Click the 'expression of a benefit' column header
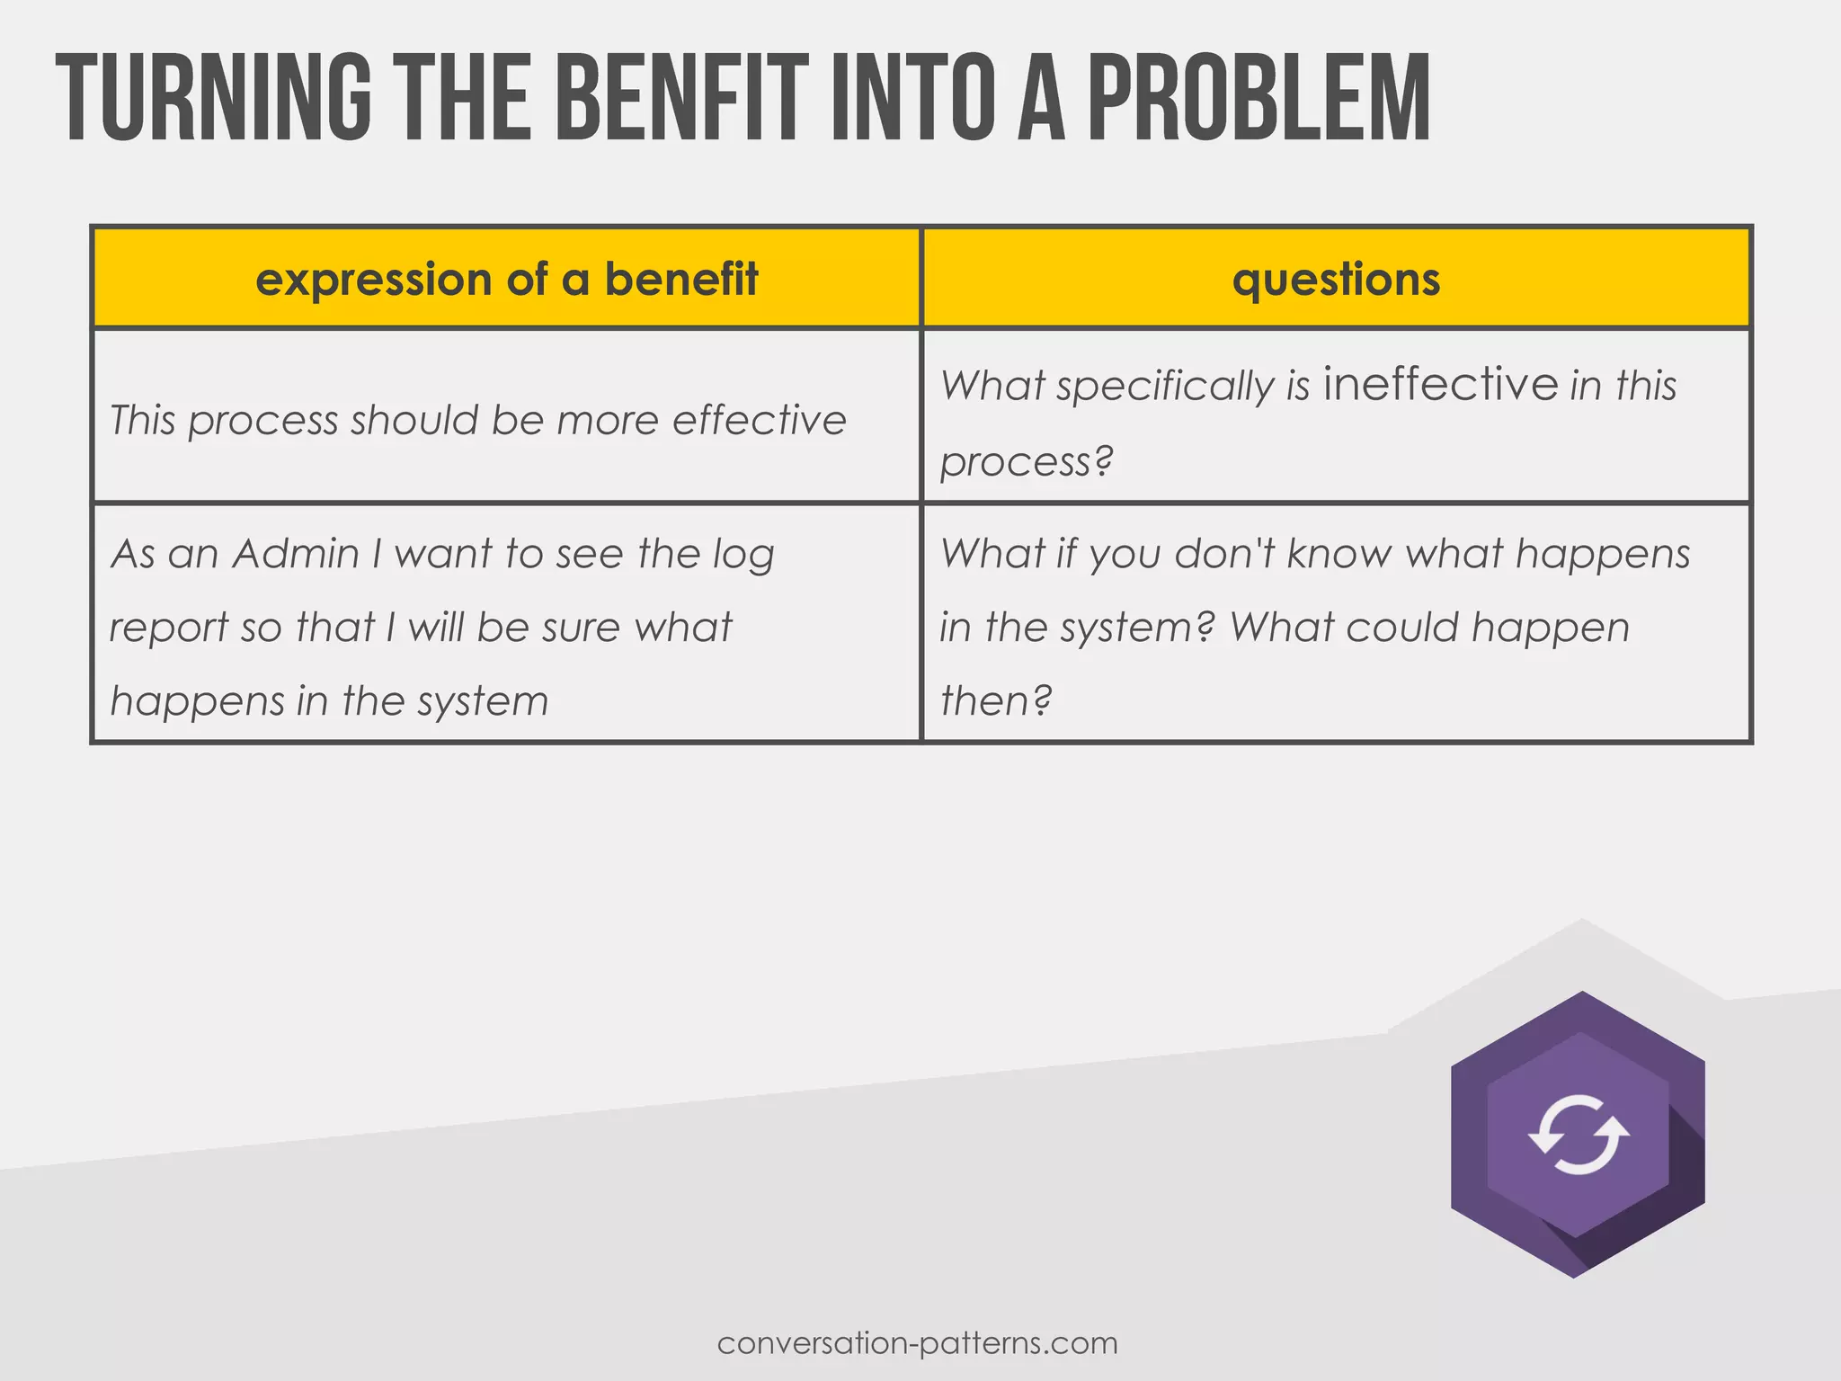(x=507, y=279)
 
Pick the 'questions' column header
(x=1336, y=279)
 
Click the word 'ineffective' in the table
(x=1441, y=384)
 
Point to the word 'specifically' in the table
(x=1165, y=388)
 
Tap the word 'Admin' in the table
(x=296, y=553)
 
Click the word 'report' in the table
(x=168, y=628)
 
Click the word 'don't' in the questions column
(x=1225, y=553)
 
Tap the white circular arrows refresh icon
(x=1579, y=1135)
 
